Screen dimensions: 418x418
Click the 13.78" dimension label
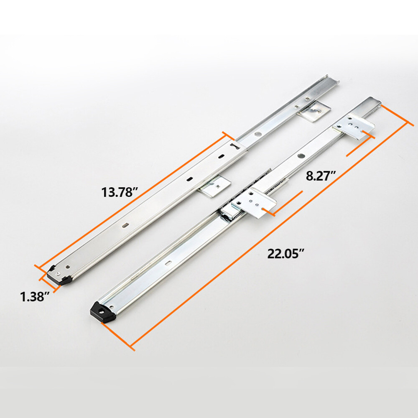point(120,192)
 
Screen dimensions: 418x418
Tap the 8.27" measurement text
point(321,176)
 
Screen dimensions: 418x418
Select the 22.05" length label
point(286,253)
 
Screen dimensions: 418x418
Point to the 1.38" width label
point(35,296)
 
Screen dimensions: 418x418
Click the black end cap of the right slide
point(103,312)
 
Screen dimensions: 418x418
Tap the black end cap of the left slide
point(59,276)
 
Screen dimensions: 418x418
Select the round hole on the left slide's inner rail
point(258,134)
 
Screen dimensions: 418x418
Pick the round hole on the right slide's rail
point(301,155)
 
